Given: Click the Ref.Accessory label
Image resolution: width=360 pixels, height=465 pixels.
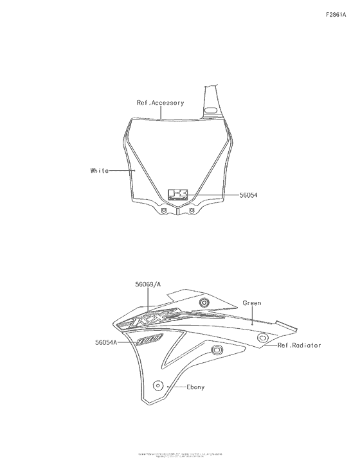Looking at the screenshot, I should click(x=160, y=103).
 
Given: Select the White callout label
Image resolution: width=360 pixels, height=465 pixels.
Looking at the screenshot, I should click(x=100, y=171).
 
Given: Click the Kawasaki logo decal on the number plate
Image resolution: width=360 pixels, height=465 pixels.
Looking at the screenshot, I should click(x=177, y=195).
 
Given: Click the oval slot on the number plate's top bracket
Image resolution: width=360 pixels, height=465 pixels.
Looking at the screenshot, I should click(x=210, y=111).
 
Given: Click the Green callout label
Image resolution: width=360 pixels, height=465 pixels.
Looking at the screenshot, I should click(x=251, y=302).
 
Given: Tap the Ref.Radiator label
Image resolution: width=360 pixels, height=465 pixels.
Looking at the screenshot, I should click(x=299, y=345).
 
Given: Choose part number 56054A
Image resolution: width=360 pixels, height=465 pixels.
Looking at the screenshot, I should click(x=105, y=343).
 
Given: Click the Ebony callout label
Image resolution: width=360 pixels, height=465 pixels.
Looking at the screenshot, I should click(x=196, y=387).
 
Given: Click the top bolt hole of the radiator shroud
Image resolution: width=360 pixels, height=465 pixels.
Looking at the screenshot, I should click(x=204, y=303).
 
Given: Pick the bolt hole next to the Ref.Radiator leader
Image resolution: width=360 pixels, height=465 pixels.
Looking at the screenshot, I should click(x=262, y=338).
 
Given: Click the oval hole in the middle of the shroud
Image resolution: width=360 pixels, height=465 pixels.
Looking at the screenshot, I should click(x=217, y=350).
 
